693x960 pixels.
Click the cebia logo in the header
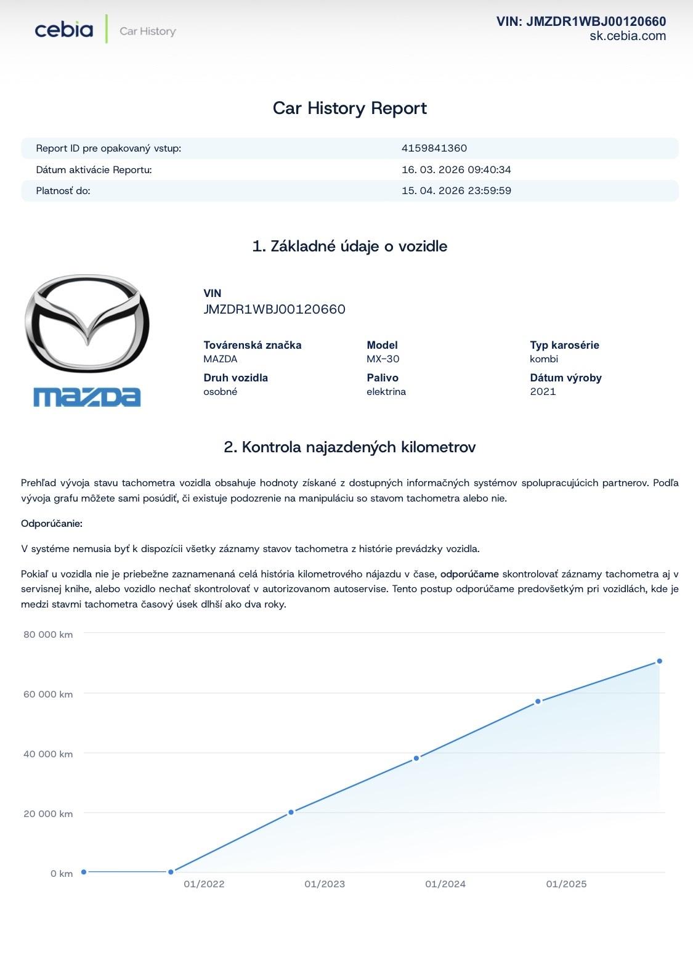[x=64, y=30]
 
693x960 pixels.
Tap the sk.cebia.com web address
[x=627, y=36]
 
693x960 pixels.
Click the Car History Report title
[x=349, y=108]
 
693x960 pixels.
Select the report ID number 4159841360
[x=434, y=148]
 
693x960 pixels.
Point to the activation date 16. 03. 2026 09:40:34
[x=456, y=169]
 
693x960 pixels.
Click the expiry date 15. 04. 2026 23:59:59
[x=456, y=190]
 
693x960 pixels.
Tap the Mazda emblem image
[x=87, y=323]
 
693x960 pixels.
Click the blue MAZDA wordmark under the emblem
[x=87, y=397]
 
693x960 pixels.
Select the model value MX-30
[x=383, y=359]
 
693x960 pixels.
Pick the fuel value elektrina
[x=386, y=391]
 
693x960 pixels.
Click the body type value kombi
[x=543, y=359]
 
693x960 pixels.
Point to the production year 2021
[x=543, y=391]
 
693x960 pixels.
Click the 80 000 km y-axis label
[x=48, y=634]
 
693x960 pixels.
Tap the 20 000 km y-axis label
[x=48, y=813]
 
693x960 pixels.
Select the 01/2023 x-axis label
[x=325, y=884]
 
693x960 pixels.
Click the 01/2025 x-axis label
[x=566, y=884]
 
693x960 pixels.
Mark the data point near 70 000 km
[x=659, y=661]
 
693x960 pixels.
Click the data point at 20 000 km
[x=291, y=812]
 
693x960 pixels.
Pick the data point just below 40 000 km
[x=416, y=758]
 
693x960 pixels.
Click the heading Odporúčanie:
[x=52, y=523]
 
